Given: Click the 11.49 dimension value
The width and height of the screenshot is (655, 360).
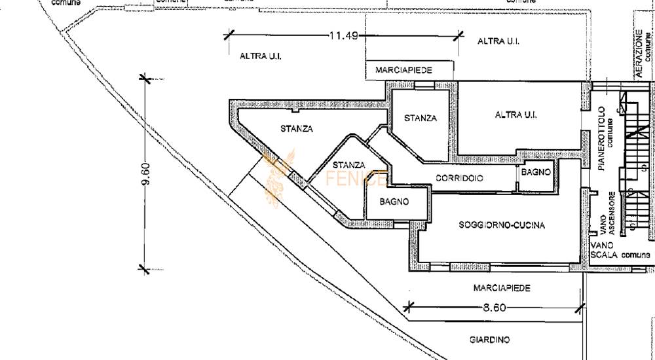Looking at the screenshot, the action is click(x=344, y=35).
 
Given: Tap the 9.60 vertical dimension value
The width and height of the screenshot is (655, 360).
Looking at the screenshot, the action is click(x=146, y=173).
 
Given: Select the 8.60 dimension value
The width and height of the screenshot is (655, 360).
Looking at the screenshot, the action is click(x=495, y=308).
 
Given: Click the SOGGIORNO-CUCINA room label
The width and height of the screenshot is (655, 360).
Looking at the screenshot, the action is click(x=502, y=225).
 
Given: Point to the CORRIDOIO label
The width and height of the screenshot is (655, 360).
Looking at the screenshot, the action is click(x=460, y=178).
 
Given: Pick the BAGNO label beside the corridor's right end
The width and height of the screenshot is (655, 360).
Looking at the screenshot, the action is click(x=536, y=171).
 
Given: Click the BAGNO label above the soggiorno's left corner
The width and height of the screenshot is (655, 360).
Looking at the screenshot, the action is click(x=394, y=202).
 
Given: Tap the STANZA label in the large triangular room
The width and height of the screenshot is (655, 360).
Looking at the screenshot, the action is click(x=297, y=129).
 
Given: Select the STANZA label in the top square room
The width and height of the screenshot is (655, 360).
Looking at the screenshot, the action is click(x=421, y=118).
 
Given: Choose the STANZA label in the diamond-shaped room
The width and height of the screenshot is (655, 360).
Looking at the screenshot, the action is click(x=349, y=165).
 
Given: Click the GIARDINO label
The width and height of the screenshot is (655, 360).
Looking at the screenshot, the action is click(x=489, y=340).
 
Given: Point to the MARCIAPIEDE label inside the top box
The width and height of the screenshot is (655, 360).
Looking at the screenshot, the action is click(x=403, y=70).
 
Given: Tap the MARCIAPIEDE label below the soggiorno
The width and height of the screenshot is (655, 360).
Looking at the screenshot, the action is click(x=502, y=288).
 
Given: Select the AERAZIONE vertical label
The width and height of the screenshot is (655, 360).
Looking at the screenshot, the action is click(x=639, y=54).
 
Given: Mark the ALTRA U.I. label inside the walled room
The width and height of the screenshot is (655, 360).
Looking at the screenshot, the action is click(x=515, y=115).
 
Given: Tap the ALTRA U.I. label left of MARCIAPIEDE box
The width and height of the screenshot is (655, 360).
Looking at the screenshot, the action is click(x=260, y=56).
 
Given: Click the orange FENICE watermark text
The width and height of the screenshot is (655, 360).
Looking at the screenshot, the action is click(x=356, y=179).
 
